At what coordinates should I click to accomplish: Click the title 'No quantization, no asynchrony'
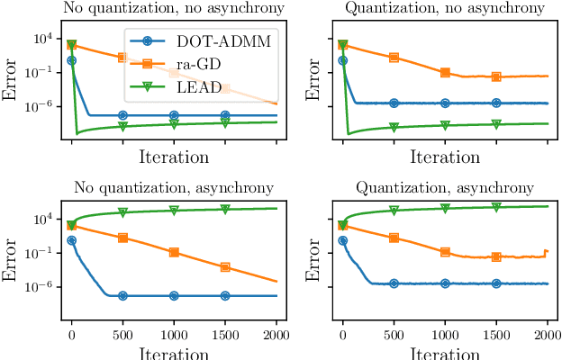tap(170, 9)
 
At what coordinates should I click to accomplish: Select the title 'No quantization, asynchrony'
tap(170, 188)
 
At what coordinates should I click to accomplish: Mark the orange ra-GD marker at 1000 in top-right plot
tap(445, 73)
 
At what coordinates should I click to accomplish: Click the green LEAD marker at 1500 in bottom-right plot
tap(496, 207)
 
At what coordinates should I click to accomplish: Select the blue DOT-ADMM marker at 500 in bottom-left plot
tap(122, 295)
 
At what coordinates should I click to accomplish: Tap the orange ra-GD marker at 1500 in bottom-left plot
tap(225, 266)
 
